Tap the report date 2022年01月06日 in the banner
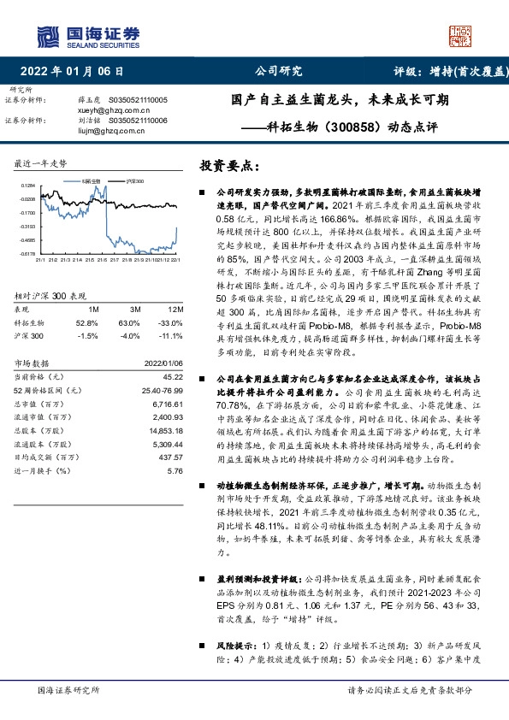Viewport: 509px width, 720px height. click(x=77, y=72)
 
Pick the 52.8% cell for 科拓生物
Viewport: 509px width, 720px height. click(x=88, y=322)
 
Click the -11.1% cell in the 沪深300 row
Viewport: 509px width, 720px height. click(x=172, y=336)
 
